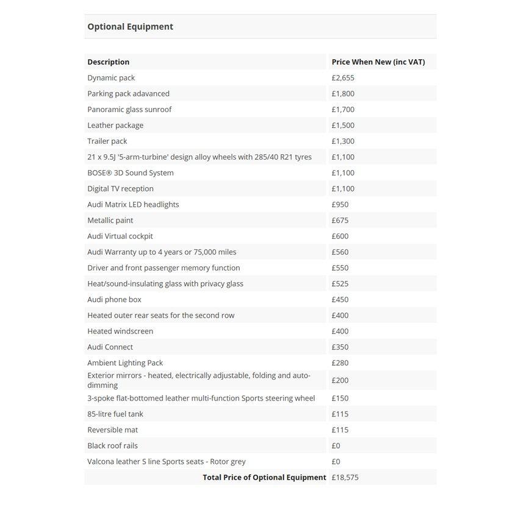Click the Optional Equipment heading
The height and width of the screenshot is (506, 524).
click(x=130, y=27)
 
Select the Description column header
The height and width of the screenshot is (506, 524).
click(x=109, y=62)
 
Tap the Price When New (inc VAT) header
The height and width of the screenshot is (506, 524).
click(x=378, y=62)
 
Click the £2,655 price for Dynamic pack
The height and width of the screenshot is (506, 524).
click(x=343, y=78)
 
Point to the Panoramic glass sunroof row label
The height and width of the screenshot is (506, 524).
click(x=129, y=110)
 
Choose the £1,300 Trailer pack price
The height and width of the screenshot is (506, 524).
click(x=343, y=141)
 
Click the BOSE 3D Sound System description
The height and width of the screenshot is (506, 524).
click(x=131, y=173)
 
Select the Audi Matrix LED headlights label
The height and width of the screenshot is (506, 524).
click(x=133, y=205)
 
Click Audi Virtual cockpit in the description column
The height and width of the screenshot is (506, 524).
click(x=120, y=237)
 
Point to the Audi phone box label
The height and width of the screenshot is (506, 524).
click(x=114, y=300)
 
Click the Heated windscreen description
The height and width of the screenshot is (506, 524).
click(x=120, y=332)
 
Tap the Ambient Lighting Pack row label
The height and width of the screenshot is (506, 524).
click(x=125, y=363)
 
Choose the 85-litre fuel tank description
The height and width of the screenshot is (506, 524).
click(x=115, y=415)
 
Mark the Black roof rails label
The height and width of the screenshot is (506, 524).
click(x=112, y=446)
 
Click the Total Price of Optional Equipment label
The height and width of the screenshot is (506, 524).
click(x=264, y=478)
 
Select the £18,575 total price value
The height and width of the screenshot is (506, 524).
click(x=345, y=478)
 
